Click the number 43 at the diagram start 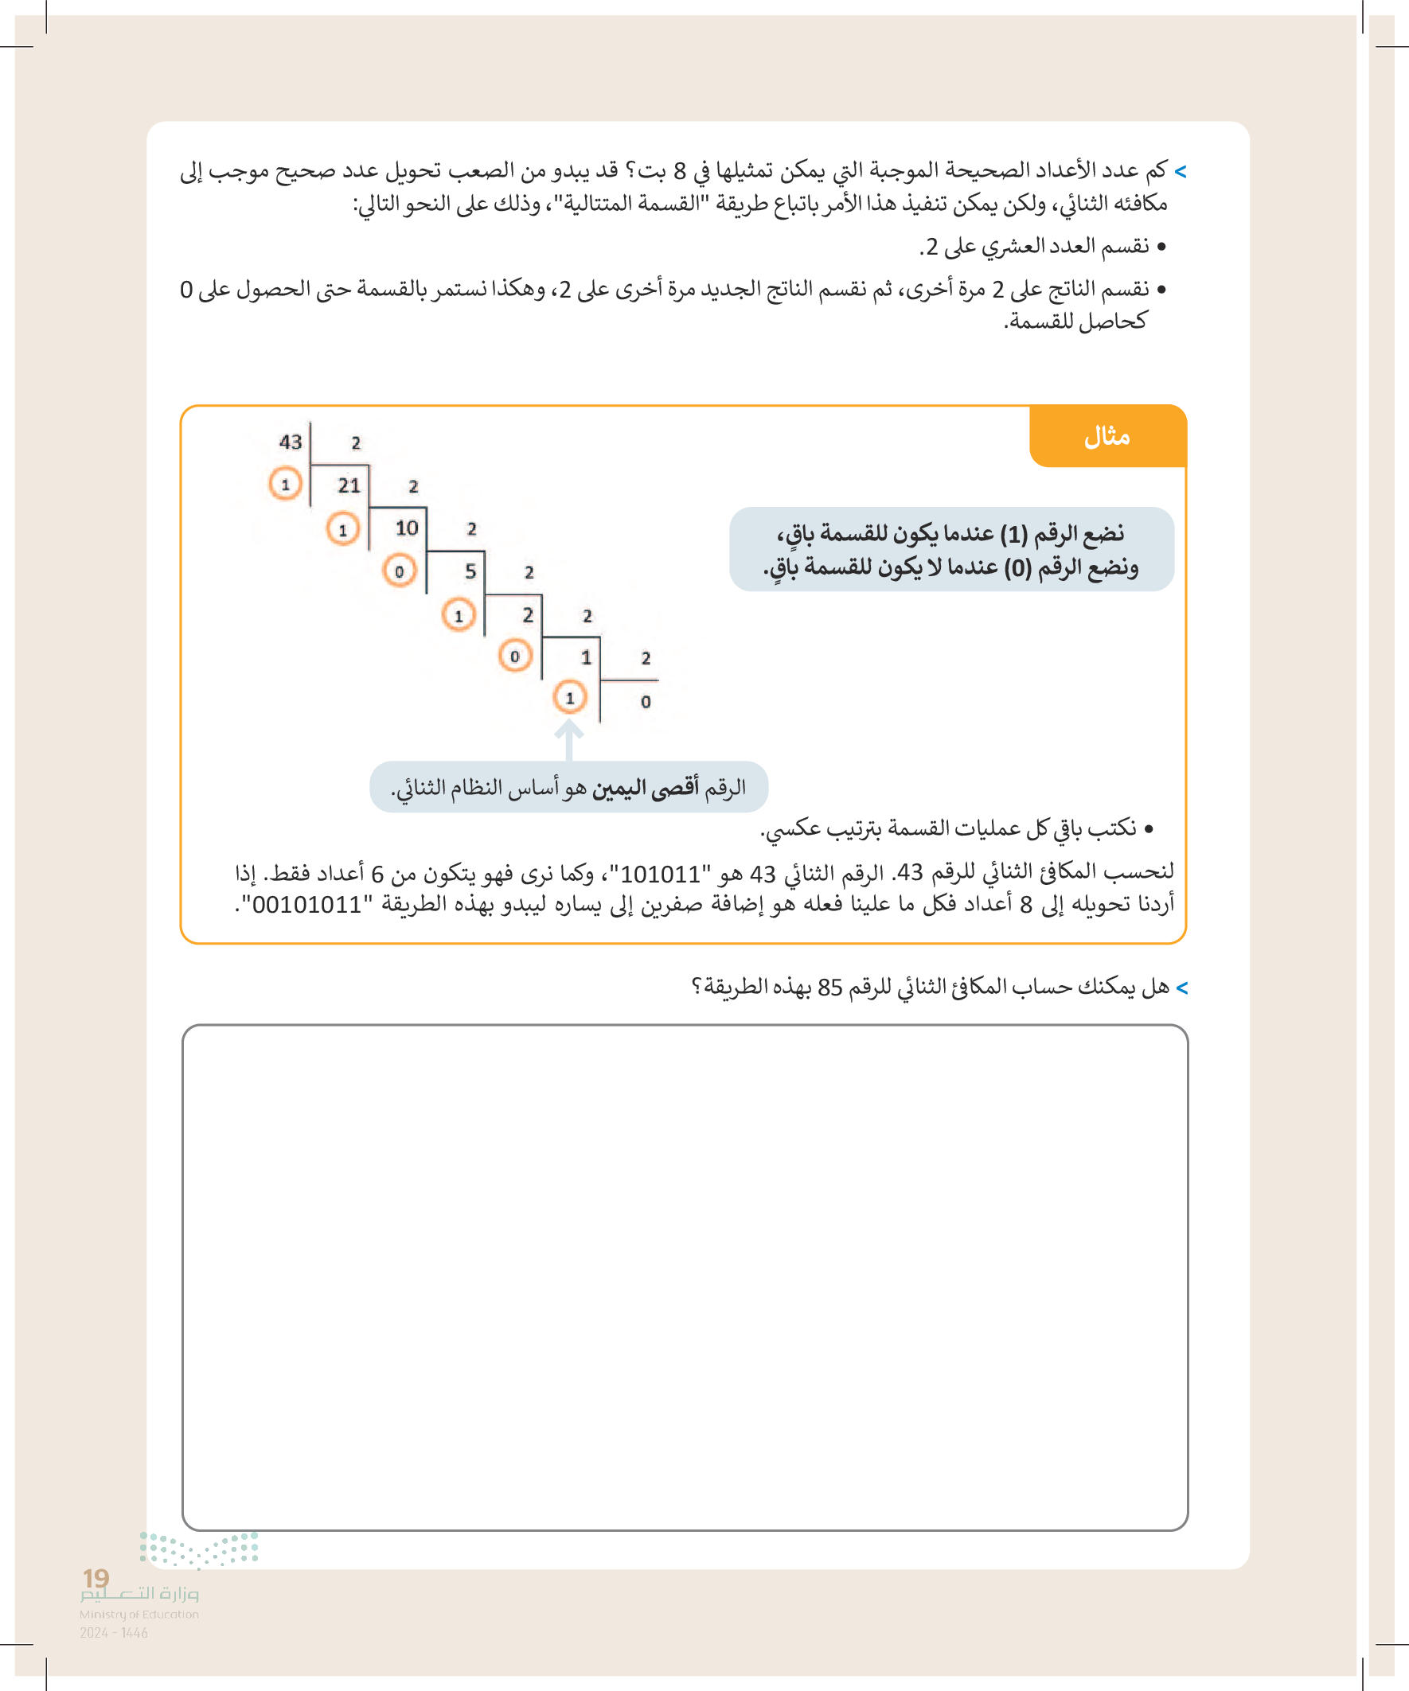(x=290, y=442)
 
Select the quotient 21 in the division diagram (x=349, y=485)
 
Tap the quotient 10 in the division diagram (x=407, y=528)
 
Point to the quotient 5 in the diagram (x=470, y=571)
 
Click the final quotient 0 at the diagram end (x=646, y=701)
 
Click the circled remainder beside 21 (x=285, y=484)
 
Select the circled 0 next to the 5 (x=399, y=571)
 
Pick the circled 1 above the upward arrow (x=569, y=697)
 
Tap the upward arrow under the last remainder (x=568, y=738)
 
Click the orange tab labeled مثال (x=1107, y=436)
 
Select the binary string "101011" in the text (x=660, y=874)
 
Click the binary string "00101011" (x=307, y=905)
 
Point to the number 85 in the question (x=829, y=988)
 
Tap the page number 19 (x=96, y=1577)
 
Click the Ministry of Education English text (x=139, y=1615)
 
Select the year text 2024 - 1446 (x=114, y=1633)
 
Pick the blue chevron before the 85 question (x=1182, y=988)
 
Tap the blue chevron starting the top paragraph (x=1181, y=172)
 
